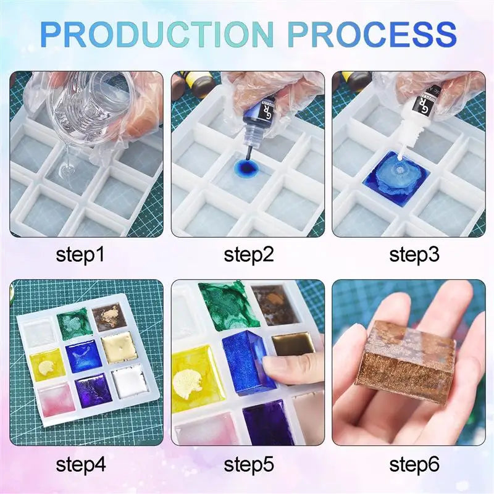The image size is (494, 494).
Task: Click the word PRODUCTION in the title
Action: pos(157,35)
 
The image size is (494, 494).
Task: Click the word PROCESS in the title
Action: pos(372,35)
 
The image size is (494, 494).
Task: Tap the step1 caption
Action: pos(80,255)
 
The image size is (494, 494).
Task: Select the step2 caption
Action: pos(249,255)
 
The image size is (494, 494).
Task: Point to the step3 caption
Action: pos(414,255)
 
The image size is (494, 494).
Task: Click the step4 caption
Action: pos(81,464)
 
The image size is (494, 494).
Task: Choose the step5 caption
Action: pos(249,464)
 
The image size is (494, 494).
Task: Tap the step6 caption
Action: pos(414,464)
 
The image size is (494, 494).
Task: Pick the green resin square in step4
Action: pos(75,324)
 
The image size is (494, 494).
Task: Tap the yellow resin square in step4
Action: pos(48,365)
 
